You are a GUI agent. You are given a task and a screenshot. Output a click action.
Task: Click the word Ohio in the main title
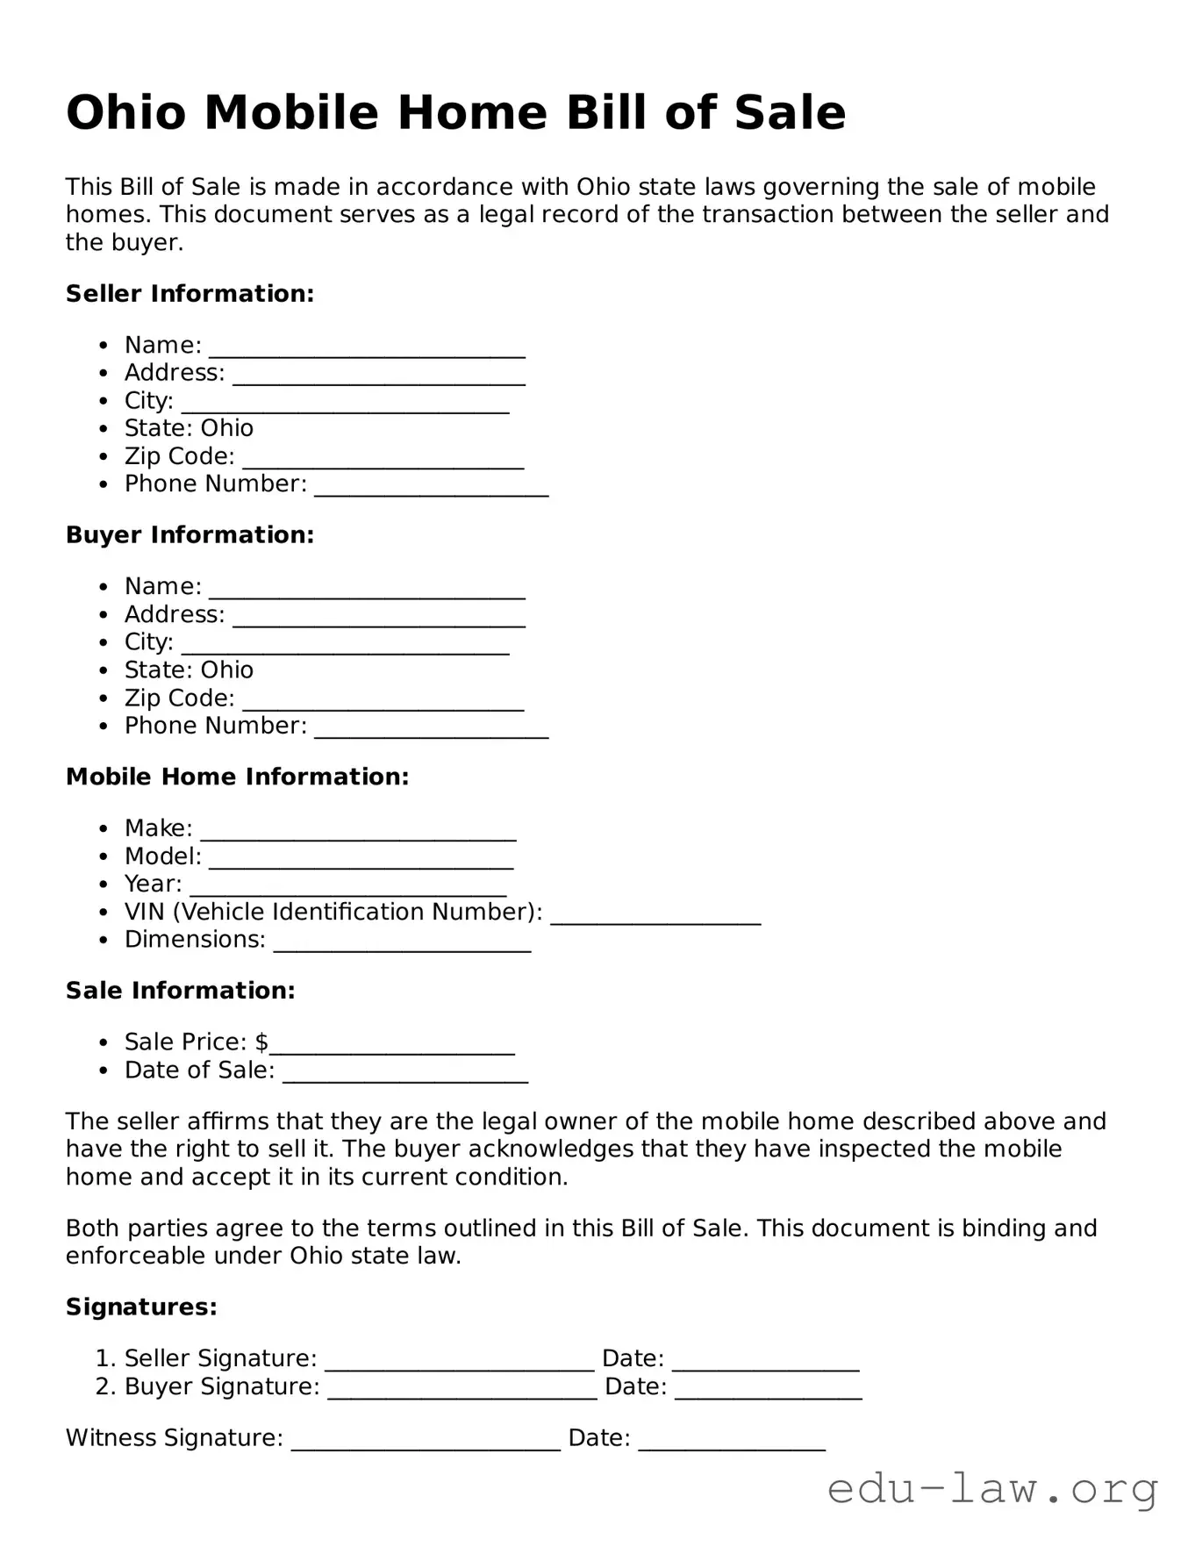coord(125,113)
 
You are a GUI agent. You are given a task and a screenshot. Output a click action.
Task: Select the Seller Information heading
coord(190,294)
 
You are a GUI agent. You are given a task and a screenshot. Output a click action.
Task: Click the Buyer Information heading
coord(190,535)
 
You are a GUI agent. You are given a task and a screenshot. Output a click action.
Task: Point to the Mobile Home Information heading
coord(237,777)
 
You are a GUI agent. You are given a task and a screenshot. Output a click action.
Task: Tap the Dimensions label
coord(195,940)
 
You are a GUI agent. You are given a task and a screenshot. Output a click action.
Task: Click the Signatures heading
coord(141,1307)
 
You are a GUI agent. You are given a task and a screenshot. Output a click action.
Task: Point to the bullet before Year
coord(104,885)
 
